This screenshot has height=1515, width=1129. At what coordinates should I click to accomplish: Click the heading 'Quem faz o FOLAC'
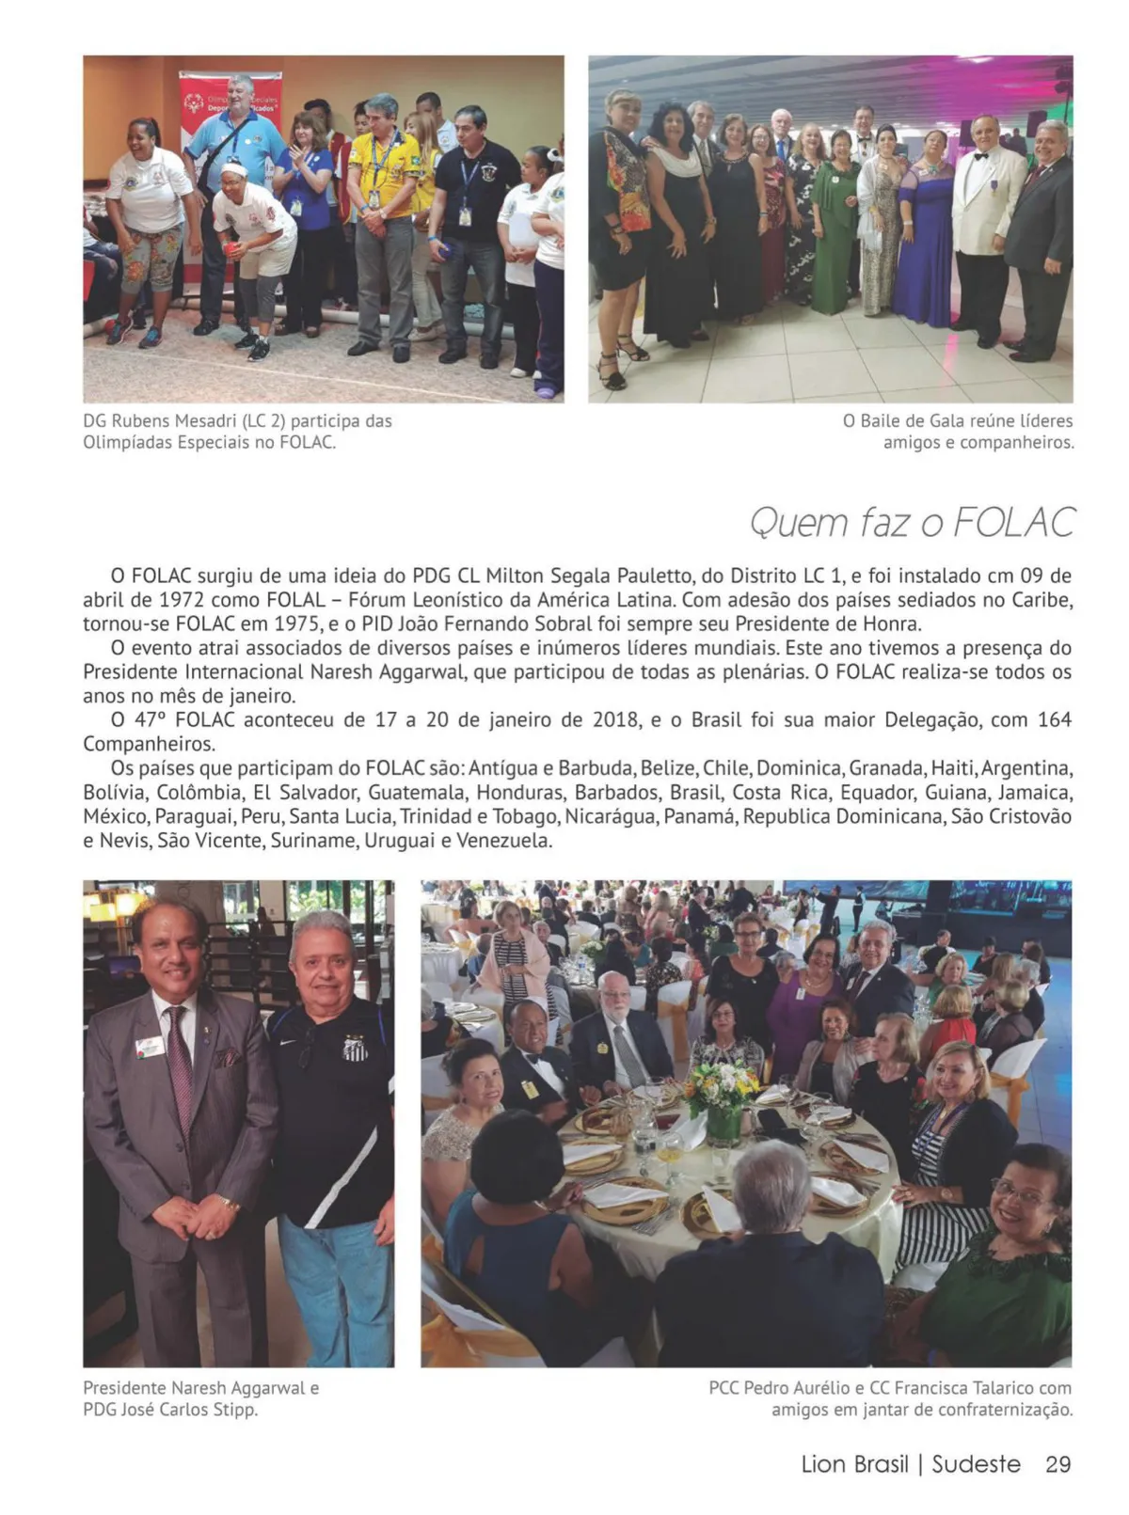(912, 523)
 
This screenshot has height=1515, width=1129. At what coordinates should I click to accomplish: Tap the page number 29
(1058, 1464)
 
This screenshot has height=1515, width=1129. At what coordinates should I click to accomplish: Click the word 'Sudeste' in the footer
(976, 1464)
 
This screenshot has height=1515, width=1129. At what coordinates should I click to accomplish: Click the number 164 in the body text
(1055, 720)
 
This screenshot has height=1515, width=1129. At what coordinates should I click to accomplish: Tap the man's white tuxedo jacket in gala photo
(987, 202)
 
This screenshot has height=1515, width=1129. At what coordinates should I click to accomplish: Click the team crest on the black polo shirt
(355, 1048)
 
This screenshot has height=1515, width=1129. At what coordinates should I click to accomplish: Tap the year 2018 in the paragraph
(615, 720)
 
